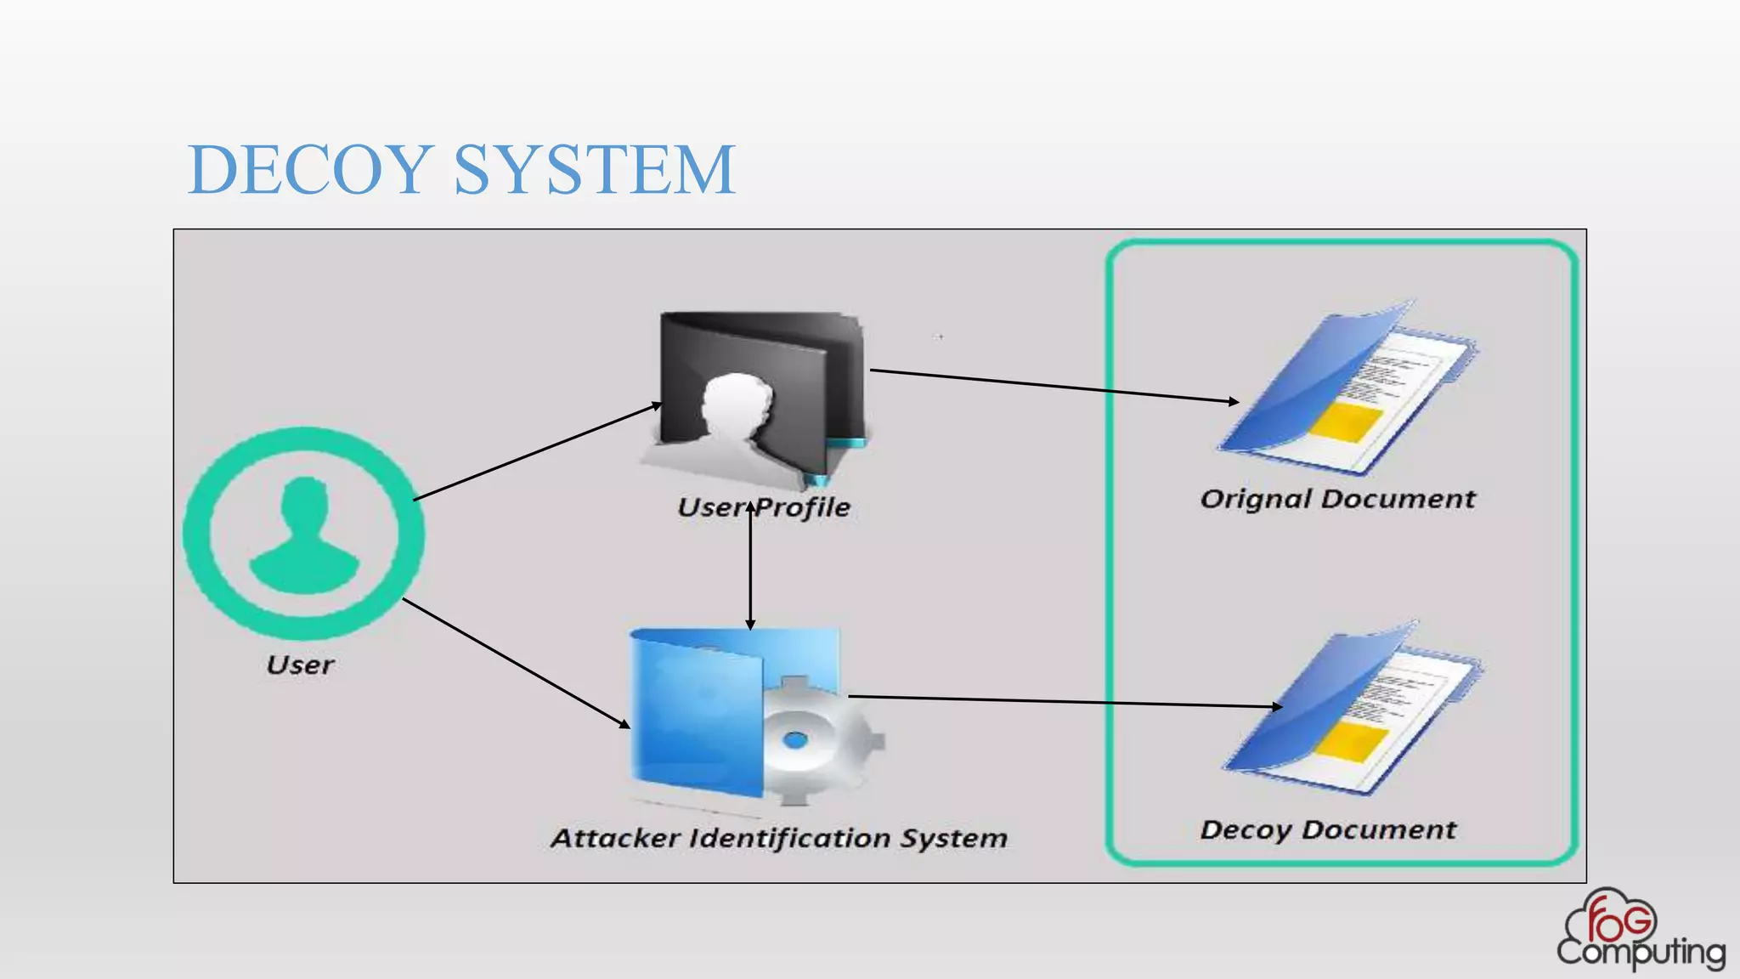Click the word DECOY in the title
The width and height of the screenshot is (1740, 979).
point(309,170)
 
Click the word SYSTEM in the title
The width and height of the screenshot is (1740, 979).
point(594,170)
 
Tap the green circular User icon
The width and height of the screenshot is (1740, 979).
point(303,534)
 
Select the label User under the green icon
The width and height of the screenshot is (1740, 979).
point(300,665)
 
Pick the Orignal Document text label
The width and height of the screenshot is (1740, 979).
point(1337,499)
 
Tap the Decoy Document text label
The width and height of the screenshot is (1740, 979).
point(1328,829)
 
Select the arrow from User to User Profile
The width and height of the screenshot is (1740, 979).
point(535,453)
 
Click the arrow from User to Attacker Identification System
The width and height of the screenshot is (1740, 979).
point(515,663)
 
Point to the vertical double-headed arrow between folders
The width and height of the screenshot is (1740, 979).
point(750,569)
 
